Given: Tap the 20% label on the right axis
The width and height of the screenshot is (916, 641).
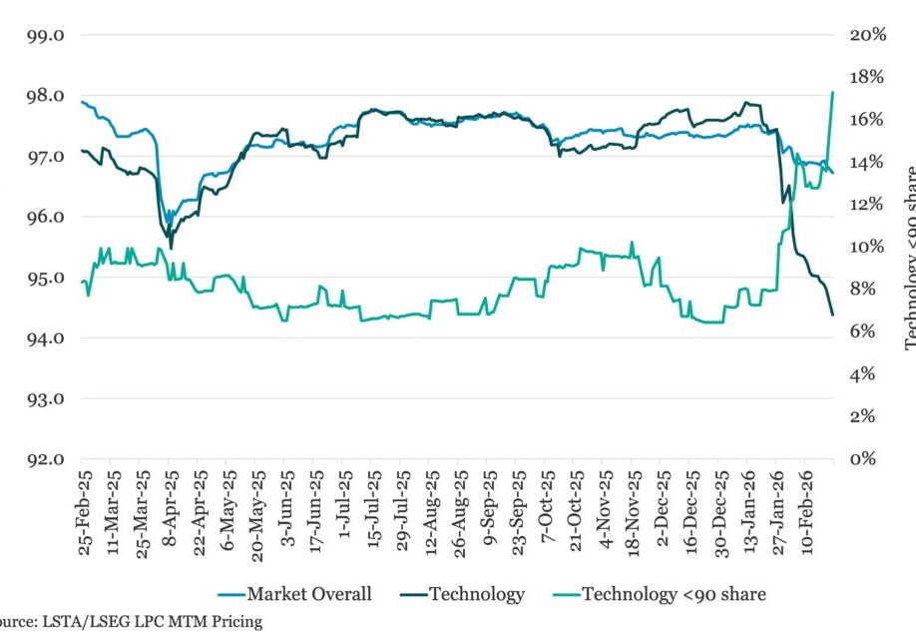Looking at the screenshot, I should click(867, 35).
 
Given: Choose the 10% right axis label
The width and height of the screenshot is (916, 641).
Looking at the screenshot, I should click(867, 248).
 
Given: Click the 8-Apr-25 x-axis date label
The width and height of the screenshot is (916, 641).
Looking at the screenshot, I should click(171, 514).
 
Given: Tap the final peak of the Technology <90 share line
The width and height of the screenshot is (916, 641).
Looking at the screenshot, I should click(832, 92).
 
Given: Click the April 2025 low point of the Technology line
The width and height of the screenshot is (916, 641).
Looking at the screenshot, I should click(171, 248).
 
